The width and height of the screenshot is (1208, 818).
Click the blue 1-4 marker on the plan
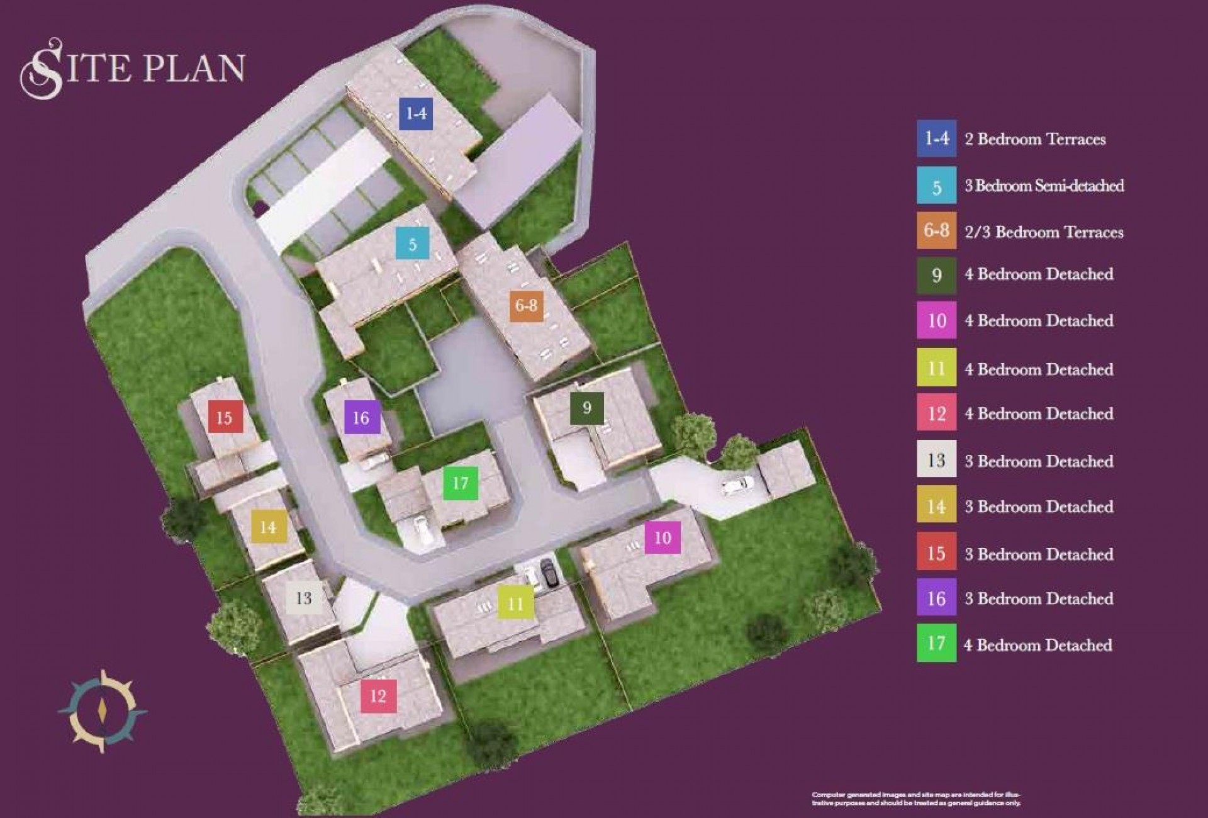pyautogui.click(x=416, y=113)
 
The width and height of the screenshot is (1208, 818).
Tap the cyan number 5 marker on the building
pyautogui.click(x=412, y=244)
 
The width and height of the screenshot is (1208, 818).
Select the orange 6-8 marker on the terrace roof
pyautogui.click(x=526, y=306)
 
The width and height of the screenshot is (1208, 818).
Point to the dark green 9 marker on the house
pyautogui.click(x=586, y=408)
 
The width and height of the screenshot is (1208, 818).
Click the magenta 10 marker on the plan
pyautogui.click(x=663, y=537)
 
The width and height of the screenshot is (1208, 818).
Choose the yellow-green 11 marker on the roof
pyautogui.click(x=515, y=603)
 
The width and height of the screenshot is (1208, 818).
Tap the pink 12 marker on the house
pyautogui.click(x=378, y=696)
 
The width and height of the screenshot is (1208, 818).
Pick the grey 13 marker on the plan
pyautogui.click(x=304, y=598)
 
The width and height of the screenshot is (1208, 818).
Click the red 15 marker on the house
pyautogui.click(x=225, y=417)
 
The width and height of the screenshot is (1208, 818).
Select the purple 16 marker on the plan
pyautogui.click(x=361, y=417)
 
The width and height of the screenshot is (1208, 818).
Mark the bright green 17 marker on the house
pyautogui.click(x=461, y=483)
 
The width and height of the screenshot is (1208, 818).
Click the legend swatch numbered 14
pyautogui.click(x=936, y=506)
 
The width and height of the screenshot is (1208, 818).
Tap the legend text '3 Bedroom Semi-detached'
pyautogui.click(x=1044, y=186)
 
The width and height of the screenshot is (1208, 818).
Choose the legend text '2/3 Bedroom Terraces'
pyautogui.click(x=1044, y=232)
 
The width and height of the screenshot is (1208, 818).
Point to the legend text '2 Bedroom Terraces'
pyautogui.click(x=1035, y=139)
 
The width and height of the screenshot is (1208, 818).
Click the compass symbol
pyautogui.click(x=102, y=711)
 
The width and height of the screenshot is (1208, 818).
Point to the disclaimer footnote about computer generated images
pyautogui.click(x=916, y=798)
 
